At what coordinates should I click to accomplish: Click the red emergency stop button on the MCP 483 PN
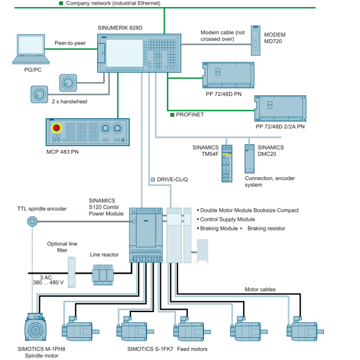[56, 128]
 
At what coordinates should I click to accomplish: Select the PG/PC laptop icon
[31, 49]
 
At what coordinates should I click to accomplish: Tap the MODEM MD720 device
[256, 40]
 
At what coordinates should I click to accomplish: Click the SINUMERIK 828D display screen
[124, 53]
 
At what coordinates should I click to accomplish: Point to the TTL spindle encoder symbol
[32, 221]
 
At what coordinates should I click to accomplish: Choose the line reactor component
[103, 275]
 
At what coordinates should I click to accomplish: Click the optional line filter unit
[71, 272]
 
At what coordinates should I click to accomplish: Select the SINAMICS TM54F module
[227, 163]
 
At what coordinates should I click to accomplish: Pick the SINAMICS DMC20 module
[250, 158]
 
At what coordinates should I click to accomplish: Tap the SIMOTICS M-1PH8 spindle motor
[35, 327]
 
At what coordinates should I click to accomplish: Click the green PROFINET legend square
[172, 115]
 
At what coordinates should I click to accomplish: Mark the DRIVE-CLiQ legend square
[152, 179]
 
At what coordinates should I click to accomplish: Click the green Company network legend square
[61, 3]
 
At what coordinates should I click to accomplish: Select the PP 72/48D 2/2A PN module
[280, 109]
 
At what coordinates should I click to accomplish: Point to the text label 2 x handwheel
[70, 101]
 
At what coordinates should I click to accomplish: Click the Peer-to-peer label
[70, 43]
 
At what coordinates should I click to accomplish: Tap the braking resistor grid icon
[203, 251]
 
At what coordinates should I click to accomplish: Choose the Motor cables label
[260, 289]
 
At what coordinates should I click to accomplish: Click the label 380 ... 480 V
[48, 283]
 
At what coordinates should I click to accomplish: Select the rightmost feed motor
[305, 329]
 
